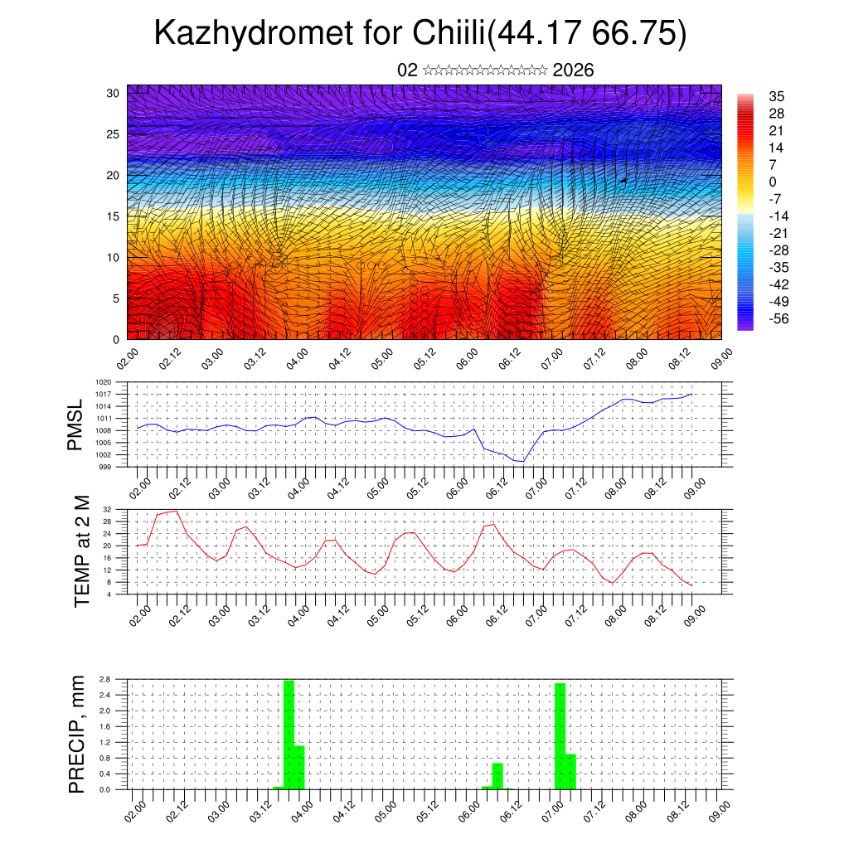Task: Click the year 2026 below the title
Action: pyautogui.click(x=573, y=70)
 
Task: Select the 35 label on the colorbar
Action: pyautogui.click(x=778, y=96)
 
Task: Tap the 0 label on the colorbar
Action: pyautogui.click(x=774, y=182)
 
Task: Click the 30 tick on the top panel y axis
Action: pyautogui.click(x=114, y=93)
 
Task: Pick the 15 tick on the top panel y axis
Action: pyautogui.click(x=114, y=216)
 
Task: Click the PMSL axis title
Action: pyautogui.click(x=76, y=425)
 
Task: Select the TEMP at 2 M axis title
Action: pyautogui.click(x=82, y=551)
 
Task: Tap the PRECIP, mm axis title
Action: pyautogui.click(x=77, y=734)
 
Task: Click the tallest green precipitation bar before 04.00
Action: pyautogui.click(x=289, y=734)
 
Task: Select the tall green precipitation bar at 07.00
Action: pyautogui.click(x=560, y=735)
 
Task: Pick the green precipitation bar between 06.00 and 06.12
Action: pyautogui.click(x=497, y=776)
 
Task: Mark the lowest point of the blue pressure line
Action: pyautogui.click(x=522, y=461)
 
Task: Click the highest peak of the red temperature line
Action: pyautogui.click(x=176, y=511)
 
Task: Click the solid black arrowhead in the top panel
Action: pyautogui.click(x=623, y=180)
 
